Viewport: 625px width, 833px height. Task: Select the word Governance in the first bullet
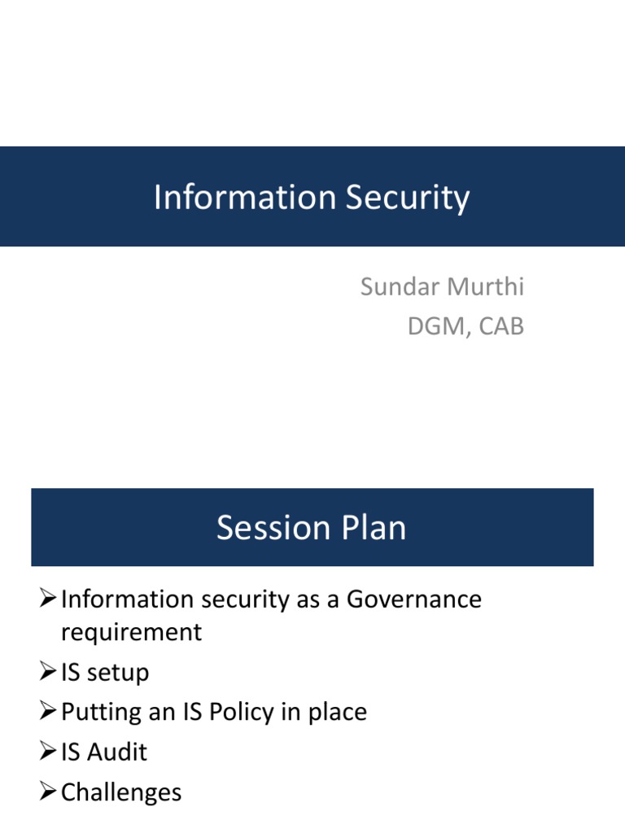tap(414, 600)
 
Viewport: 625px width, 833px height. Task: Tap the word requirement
tap(131, 632)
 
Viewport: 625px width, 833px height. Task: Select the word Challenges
tap(121, 792)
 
